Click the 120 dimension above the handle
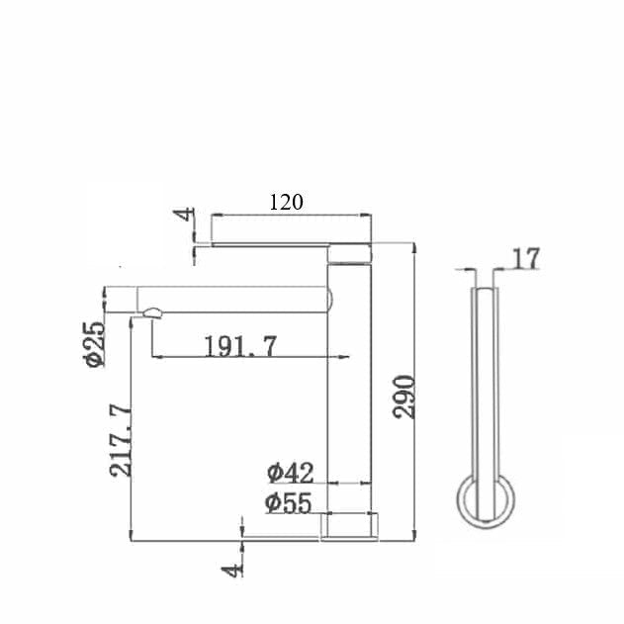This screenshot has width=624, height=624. pos(286,202)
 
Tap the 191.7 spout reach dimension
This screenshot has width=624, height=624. pos(240,346)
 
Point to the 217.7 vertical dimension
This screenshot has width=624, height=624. pos(121,440)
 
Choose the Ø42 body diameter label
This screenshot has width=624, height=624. pos(289,472)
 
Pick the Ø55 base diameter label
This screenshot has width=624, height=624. pos(289,502)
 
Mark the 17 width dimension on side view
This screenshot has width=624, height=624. pos(527,258)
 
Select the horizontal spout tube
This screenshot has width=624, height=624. pos(227,298)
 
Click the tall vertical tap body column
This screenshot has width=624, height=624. pos(349,396)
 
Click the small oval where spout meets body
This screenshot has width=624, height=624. pos(332,298)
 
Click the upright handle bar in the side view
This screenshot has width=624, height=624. pos(485,386)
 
